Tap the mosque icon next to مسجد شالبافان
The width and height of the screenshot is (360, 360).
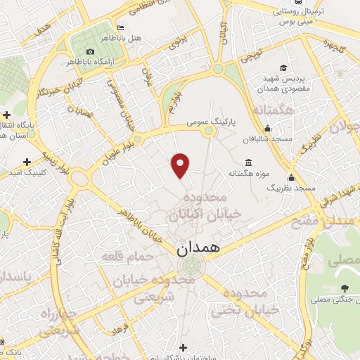tap(267, 129)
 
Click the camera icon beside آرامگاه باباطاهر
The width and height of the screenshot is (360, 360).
tap(90, 52)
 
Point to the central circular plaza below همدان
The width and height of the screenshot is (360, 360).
tap(190, 266)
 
